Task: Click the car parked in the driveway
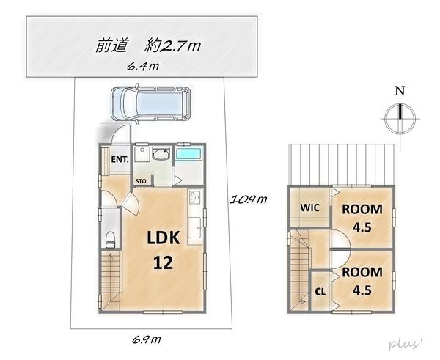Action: [150, 103]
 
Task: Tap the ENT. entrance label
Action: [120, 160]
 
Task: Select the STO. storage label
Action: [142, 181]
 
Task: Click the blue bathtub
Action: [188, 154]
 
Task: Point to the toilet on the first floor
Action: [110, 240]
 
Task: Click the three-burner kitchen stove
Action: [195, 196]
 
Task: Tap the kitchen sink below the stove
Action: [194, 227]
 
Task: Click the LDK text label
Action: [164, 238]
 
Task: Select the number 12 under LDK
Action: [163, 263]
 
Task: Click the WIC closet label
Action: [309, 207]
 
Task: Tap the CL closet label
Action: [320, 292]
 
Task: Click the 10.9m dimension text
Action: [249, 199]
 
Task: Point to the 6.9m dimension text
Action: [147, 339]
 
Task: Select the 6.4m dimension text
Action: [143, 67]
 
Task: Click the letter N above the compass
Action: [400, 91]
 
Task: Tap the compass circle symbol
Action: [400, 118]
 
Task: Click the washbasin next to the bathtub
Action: [161, 154]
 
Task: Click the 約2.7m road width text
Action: [172, 45]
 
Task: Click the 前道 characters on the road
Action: [111, 45]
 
